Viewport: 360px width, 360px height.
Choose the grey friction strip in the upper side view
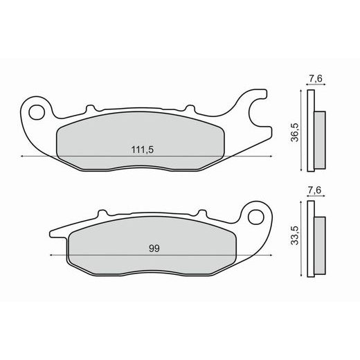click(x=320, y=141)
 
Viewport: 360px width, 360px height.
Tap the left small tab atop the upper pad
click(x=89, y=108)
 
